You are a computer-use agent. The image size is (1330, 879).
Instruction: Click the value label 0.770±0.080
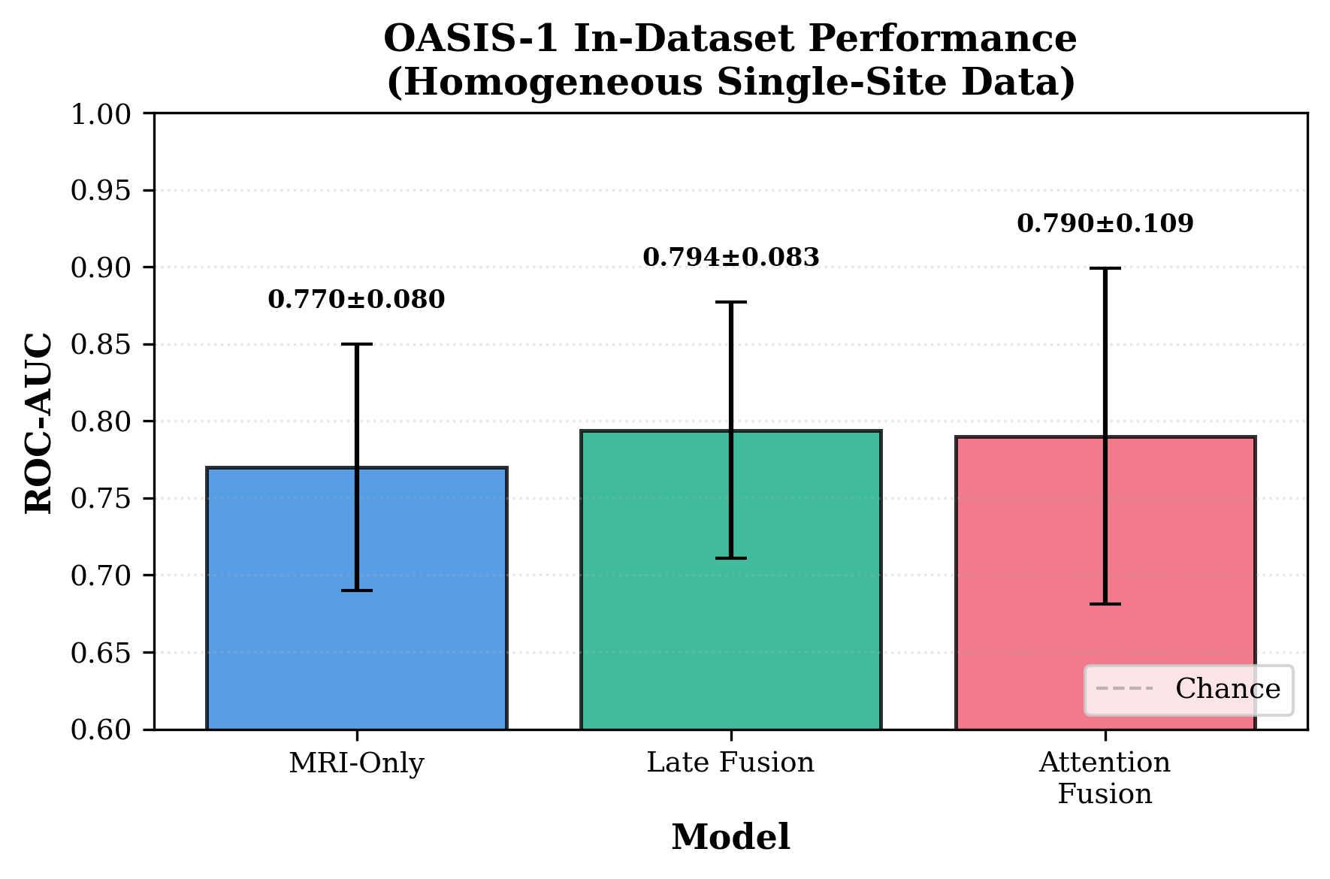tap(356, 300)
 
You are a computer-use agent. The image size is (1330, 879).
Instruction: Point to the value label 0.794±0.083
tap(730, 258)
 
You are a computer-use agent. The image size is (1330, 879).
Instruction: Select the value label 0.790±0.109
tap(1105, 224)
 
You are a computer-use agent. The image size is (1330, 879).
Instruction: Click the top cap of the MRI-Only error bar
tap(356, 344)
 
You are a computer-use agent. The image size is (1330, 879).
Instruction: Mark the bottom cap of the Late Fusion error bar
tap(730, 558)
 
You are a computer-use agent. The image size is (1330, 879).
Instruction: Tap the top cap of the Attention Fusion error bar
tap(1105, 268)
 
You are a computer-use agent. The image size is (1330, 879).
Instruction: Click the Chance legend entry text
tap(1227, 689)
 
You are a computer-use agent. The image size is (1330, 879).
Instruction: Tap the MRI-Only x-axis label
tap(356, 763)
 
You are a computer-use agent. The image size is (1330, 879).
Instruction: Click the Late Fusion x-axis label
tap(730, 763)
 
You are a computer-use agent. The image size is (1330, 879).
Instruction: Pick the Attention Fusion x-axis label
tap(1105, 778)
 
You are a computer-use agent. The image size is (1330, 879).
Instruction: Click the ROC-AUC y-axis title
tap(39, 422)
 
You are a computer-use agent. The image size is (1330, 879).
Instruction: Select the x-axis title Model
tap(730, 838)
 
